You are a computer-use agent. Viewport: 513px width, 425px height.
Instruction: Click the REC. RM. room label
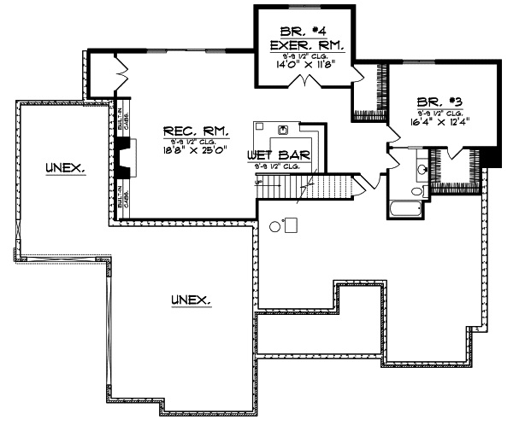pyautogui.click(x=197, y=131)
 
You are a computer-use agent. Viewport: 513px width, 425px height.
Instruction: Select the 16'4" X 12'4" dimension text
pyautogui.click(x=441, y=120)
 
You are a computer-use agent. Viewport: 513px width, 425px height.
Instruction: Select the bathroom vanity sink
pyautogui.click(x=421, y=170)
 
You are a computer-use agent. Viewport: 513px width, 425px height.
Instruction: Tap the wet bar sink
pyautogui.click(x=282, y=131)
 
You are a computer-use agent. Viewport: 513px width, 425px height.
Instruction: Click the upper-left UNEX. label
pyautogui.click(x=66, y=169)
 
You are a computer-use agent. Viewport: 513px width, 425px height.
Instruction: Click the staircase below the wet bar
pyautogui.click(x=329, y=186)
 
